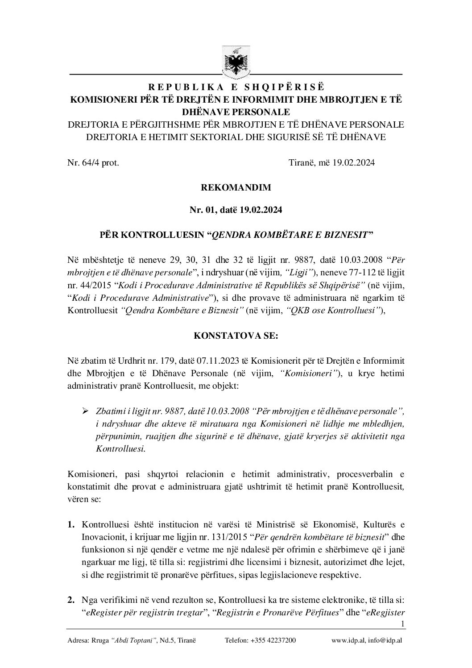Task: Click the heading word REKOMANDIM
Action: pos(236,187)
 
